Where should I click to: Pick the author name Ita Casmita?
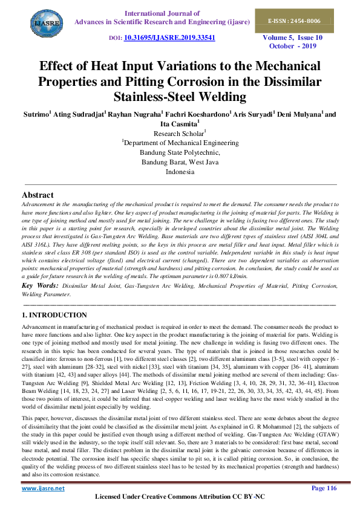179,123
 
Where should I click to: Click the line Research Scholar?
179,133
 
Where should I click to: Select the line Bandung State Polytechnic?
180,152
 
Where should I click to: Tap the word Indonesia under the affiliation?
180,172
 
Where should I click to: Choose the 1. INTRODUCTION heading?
54,316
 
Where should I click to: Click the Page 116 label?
324,487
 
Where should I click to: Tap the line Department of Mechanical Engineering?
180,143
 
